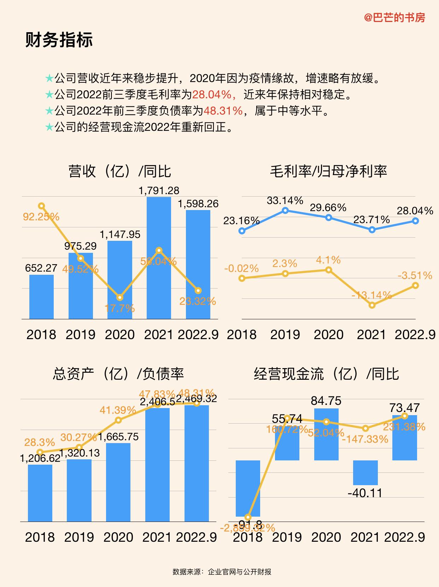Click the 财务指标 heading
59,40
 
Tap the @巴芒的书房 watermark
394,17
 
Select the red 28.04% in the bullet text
211,94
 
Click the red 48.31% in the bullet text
223,111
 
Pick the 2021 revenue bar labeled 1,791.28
159,258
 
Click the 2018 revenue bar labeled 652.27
41,297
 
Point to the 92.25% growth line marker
41,206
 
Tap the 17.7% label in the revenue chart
120,308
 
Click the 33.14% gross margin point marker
286,211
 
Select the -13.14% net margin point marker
372,305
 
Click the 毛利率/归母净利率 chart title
328,171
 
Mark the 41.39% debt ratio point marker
119,420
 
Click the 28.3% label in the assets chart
40,442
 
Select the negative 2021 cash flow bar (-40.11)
365,472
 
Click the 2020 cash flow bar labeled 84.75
326,434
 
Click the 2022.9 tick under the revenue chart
198,335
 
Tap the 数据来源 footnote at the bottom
222,572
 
